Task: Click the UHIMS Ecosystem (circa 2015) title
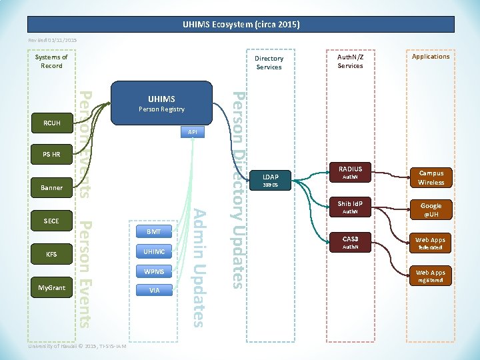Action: [x=241, y=25]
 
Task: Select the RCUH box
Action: [x=51, y=123]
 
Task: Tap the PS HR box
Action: [x=51, y=155]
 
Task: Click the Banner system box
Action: [x=51, y=188]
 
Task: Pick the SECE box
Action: [x=51, y=221]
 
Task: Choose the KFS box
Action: [x=51, y=255]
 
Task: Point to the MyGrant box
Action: [x=51, y=288]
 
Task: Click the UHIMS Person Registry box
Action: [x=161, y=104]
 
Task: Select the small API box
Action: [x=192, y=133]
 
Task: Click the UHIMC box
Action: [x=154, y=251]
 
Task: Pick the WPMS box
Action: [x=154, y=271]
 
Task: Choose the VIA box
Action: [x=154, y=291]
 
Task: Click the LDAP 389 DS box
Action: [x=271, y=181]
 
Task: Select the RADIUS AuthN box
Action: [x=350, y=173]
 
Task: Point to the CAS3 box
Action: [x=350, y=242]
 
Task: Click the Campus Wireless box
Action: [x=431, y=178]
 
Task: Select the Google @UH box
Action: [x=431, y=210]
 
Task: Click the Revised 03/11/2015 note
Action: [x=52, y=41]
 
